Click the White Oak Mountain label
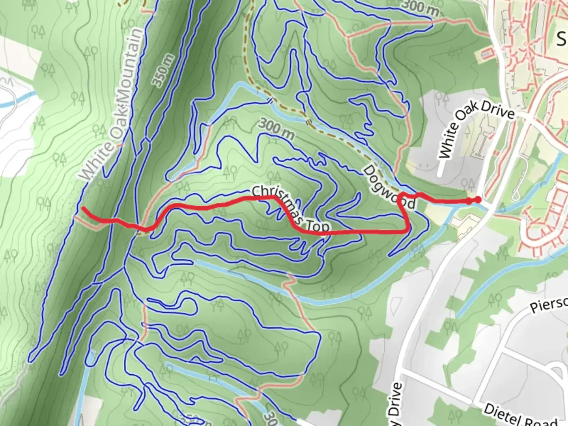coord(112,105)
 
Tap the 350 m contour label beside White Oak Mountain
coord(163,71)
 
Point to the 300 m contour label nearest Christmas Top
coord(277,129)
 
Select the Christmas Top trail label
coord(291,209)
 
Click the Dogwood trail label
coord(389,187)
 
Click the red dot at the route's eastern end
coord(478,200)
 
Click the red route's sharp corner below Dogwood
coord(407,230)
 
